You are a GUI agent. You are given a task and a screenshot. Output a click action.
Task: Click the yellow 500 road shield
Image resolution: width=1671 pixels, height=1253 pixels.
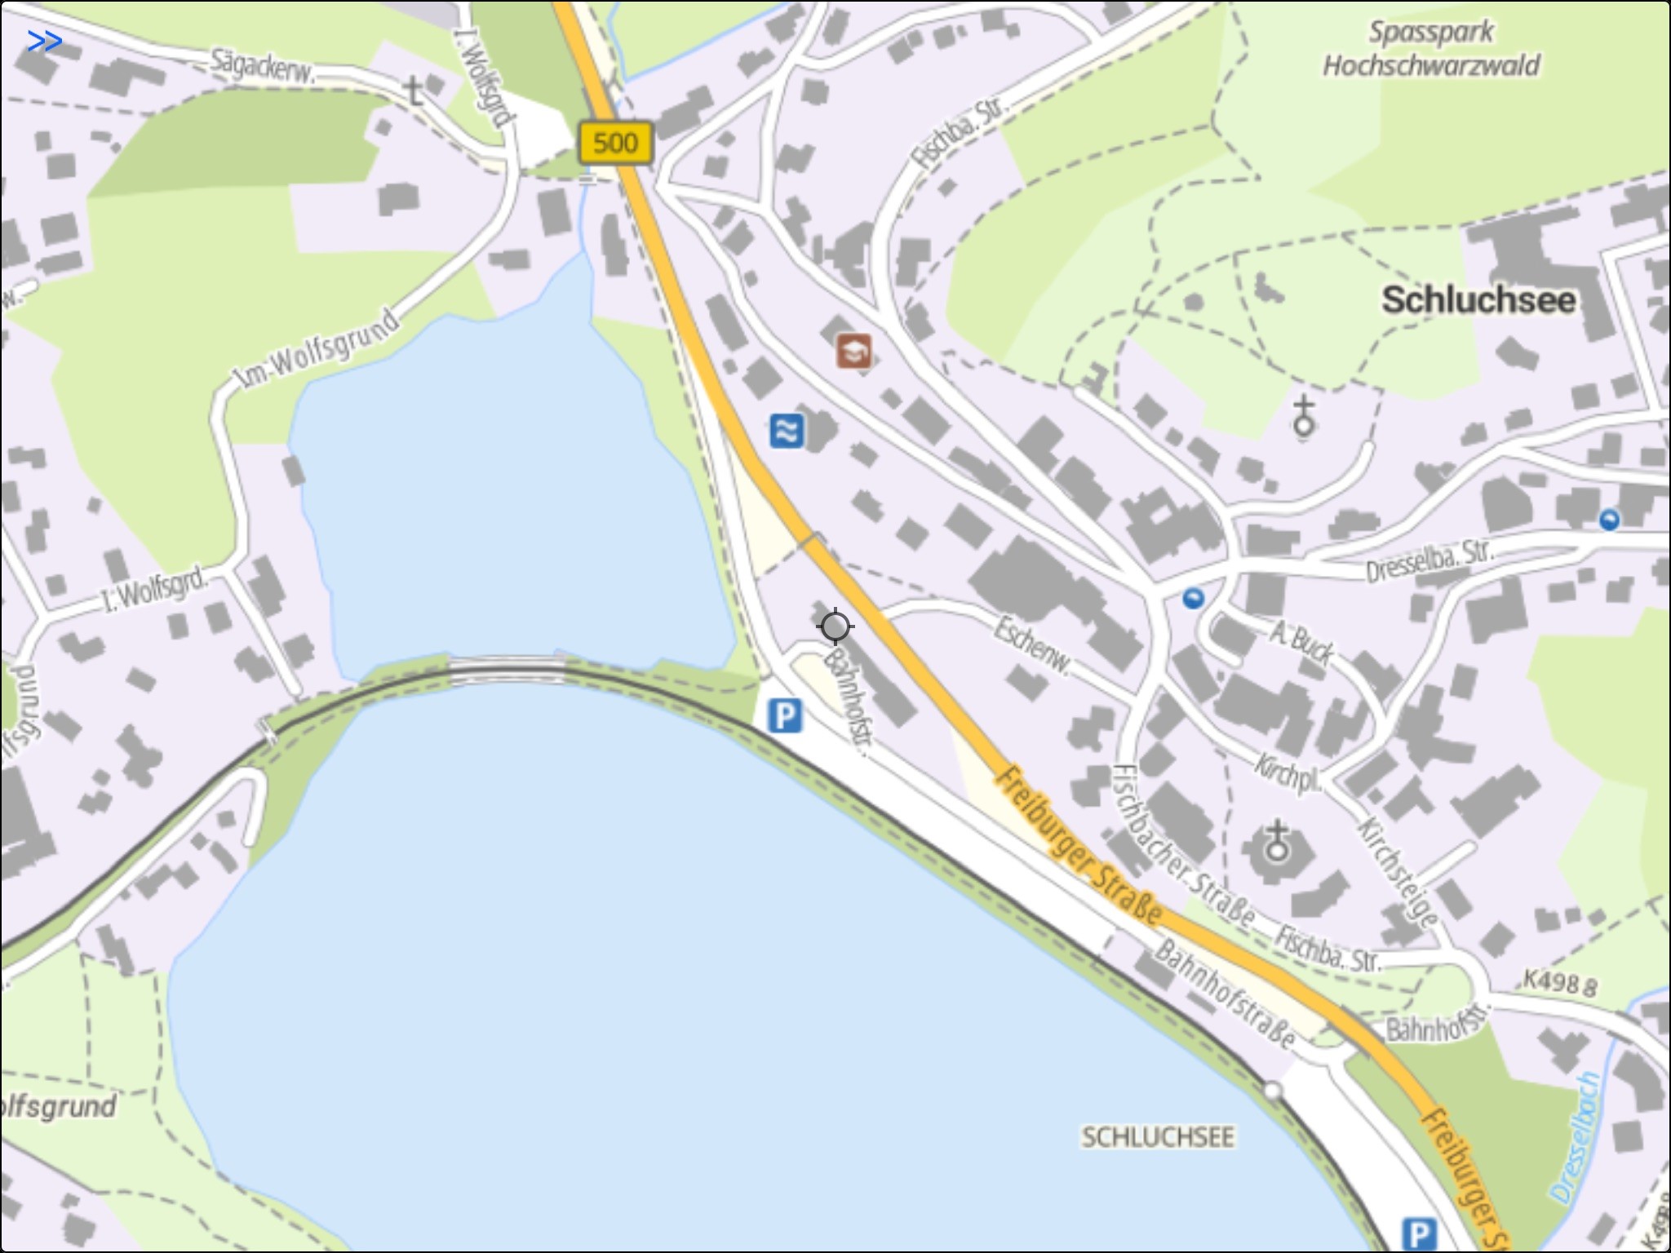pyautogui.click(x=615, y=143)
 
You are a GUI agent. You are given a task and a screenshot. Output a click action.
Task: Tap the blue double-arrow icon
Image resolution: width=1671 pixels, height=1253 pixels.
pyautogui.click(x=44, y=41)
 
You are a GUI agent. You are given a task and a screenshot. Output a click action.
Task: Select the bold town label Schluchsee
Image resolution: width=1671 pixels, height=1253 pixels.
pyautogui.click(x=1478, y=300)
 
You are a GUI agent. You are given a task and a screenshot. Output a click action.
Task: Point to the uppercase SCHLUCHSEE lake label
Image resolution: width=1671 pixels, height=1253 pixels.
pyautogui.click(x=1157, y=1137)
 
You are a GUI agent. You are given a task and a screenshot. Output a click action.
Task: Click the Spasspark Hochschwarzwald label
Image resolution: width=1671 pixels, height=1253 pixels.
pyautogui.click(x=1431, y=49)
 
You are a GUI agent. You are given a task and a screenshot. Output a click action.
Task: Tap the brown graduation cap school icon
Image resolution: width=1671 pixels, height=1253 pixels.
pyautogui.click(x=853, y=352)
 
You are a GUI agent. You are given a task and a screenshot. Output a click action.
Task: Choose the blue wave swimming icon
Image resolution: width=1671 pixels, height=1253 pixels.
pyautogui.click(x=786, y=431)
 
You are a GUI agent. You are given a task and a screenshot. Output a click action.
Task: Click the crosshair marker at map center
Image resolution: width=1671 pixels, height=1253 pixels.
pyautogui.click(x=835, y=626)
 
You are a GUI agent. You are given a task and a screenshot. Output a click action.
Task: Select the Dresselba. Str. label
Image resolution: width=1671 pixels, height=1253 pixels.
pyautogui.click(x=1429, y=560)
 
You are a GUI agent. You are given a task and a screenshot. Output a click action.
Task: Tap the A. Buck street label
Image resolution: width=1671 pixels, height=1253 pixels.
pyautogui.click(x=1301, y=641)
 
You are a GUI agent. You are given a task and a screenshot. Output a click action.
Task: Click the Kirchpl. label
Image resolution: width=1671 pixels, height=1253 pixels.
pyautogui.click(x=1288, y=773)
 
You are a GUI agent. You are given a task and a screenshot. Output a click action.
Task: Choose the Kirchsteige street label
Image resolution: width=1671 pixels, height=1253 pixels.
pyautogui.click(x=1397, y=871)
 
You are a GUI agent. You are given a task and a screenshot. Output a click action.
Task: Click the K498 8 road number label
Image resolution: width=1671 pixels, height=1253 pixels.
pyautogui.click(x=1558, y=983)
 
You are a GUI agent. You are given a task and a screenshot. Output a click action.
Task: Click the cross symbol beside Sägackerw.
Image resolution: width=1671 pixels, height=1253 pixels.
pyautogui.click(x=414, y=91)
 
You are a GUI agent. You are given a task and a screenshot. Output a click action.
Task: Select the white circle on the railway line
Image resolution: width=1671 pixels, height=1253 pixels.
pyautogui.click(x=1272, y=1091)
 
